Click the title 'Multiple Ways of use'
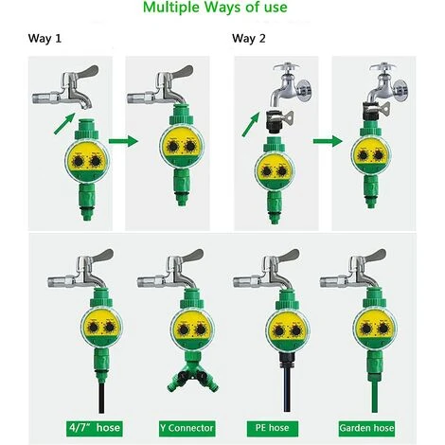[x=215, y=8]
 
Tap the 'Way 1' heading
[x=44, y=39]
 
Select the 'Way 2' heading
[x=249, y=39]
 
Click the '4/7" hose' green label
[x=95, y=428]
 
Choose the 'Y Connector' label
[x=187, y=428]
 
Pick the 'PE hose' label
[x=272, y=428]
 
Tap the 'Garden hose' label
[x=366, y=428]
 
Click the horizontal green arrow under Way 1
[x=123, y=141]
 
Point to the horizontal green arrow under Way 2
[x=328, y=141]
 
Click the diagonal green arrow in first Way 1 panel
[x=64, y=123]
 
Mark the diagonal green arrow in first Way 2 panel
[x=251, y=124]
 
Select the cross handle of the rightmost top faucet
[x=383, y=67]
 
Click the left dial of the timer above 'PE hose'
[x=279, y=330]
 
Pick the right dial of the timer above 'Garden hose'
[x=383, y=329]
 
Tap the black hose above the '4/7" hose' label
[x=101, y=398]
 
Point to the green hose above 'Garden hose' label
[x=375, y=397]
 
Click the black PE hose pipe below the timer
[x=287, y=390]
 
